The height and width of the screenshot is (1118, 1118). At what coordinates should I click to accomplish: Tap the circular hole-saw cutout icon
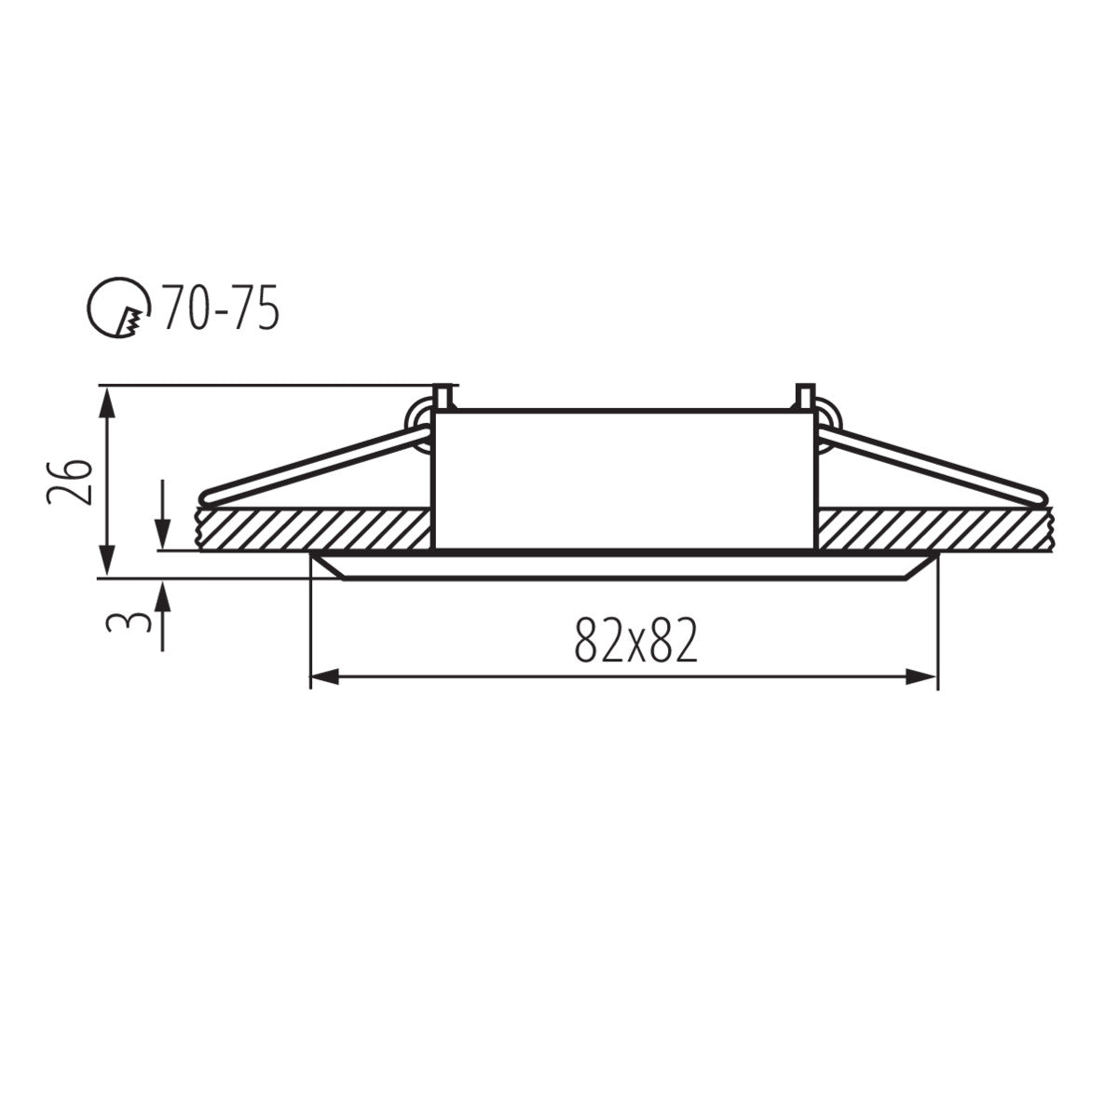(118, 309)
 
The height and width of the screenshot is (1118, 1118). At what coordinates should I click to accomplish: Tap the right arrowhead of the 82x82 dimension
(924, 677)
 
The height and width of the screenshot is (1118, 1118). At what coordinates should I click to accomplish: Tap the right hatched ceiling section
(932, 529)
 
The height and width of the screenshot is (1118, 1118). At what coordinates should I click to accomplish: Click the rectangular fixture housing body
(622, 480)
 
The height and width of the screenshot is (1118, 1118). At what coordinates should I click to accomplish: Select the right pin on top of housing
(803, 397)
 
